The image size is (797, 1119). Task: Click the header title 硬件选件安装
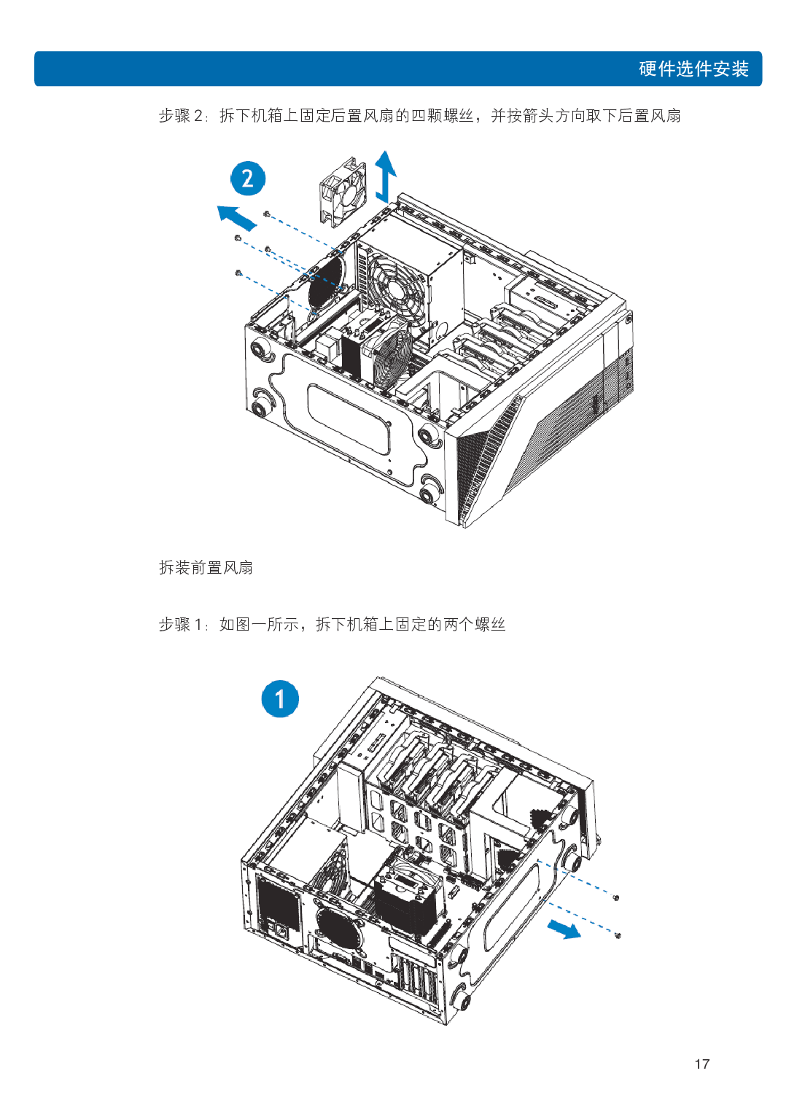[693, 69]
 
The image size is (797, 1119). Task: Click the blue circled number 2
[248, 179]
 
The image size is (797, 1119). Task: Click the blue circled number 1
[280, 699]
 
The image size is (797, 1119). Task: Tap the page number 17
[701, 1064]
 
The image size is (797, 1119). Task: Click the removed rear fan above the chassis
[343, 190]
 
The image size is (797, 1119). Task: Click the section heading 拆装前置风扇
[206, 567]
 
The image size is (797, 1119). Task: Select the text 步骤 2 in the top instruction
[180, 115]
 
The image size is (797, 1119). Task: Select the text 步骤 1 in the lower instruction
[180, 624]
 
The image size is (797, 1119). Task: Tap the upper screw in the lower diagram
[616, 897]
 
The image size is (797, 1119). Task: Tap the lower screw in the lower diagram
[618, 935]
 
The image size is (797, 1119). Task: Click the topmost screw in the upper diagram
[266, 214]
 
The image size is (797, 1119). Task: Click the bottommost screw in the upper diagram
[238, 273]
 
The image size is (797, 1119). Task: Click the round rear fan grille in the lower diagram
[336, 928]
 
